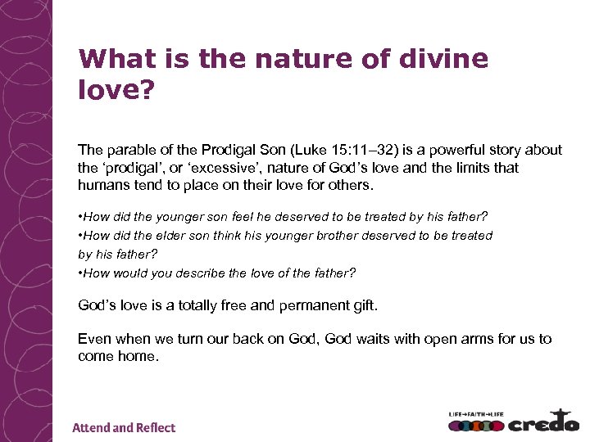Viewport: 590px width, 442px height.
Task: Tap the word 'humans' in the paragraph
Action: point(102,185)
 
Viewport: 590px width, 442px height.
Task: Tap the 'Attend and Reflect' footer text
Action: point(124,427)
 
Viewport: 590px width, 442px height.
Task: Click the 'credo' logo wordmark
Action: point(542,424)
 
